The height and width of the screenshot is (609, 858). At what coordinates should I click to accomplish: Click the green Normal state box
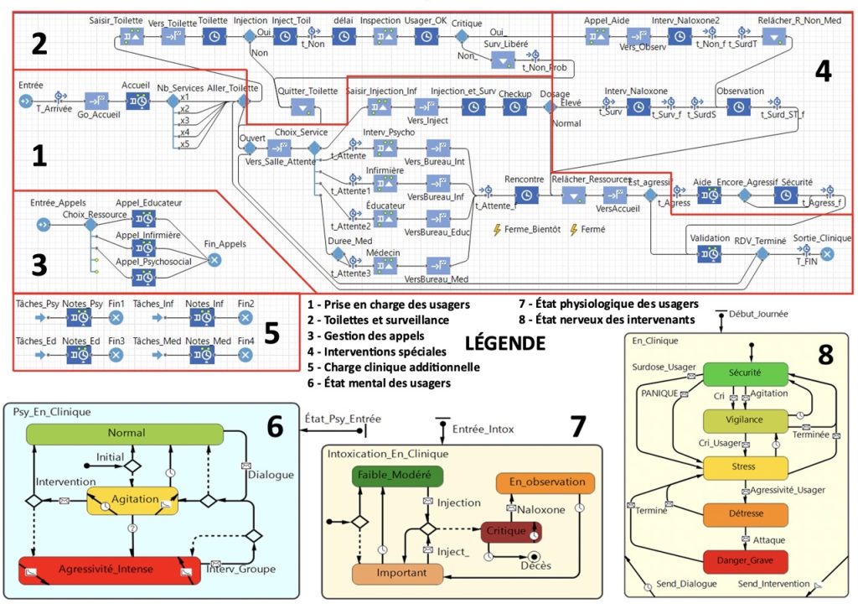click(125, 434)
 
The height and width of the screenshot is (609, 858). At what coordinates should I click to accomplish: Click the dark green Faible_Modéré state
click(397, 476)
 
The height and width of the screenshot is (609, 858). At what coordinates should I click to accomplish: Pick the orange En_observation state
click(545, 483)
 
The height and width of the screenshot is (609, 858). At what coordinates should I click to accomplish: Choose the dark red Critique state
click(510, 532)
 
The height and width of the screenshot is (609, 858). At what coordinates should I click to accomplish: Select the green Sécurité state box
click(745, 374)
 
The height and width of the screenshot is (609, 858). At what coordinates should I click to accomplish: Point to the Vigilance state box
click(745, 420)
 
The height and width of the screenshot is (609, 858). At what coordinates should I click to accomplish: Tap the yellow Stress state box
click(745, 467)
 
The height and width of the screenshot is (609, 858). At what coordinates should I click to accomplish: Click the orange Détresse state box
click(745, 514)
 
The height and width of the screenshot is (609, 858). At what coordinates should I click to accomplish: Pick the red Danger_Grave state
click(745, 560)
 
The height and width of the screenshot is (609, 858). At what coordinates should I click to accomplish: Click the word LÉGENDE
click(505, 343)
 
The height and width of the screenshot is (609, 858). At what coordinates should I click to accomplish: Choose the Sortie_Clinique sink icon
click(827, 254)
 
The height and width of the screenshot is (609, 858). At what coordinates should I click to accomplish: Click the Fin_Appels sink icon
click(214, 260)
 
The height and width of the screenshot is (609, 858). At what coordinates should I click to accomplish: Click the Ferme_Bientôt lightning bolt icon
click(498, 229)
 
